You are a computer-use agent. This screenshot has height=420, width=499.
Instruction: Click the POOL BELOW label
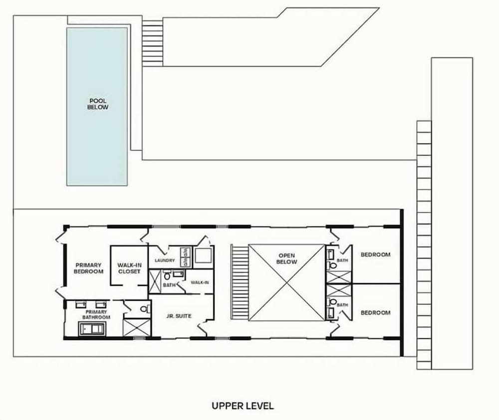(98, 104)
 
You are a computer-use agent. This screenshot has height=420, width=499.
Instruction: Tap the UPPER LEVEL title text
(243, 406)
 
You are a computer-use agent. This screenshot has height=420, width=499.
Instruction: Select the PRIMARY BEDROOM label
(88, 268)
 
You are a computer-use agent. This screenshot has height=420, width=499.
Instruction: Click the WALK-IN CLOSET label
(129, 268)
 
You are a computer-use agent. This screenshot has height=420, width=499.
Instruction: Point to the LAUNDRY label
(165, 260)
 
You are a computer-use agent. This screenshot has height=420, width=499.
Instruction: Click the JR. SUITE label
(179, 316)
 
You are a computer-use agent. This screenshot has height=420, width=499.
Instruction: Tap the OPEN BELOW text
(287, 259)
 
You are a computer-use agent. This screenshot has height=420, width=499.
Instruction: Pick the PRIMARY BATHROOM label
(96, 315)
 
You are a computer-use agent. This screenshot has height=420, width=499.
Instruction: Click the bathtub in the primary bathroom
(92, 329)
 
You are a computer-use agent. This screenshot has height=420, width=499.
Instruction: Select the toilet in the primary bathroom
(145, 308)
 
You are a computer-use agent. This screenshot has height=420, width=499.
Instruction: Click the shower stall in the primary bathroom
(137, 327)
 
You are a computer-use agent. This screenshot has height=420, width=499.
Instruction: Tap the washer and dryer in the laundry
(185, 257)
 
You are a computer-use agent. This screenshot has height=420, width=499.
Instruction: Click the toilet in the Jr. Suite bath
(167, 276)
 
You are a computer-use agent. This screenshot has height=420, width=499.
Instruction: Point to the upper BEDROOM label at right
(376, 254)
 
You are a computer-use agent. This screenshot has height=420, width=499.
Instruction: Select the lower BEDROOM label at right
(376, 313)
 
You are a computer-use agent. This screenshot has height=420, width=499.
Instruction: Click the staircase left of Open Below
(240, 282)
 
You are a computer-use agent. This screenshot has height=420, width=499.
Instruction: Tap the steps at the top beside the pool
(152, 43)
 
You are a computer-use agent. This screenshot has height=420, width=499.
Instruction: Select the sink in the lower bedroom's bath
(331, 313)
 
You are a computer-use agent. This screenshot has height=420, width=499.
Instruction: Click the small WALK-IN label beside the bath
(200, 282)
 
